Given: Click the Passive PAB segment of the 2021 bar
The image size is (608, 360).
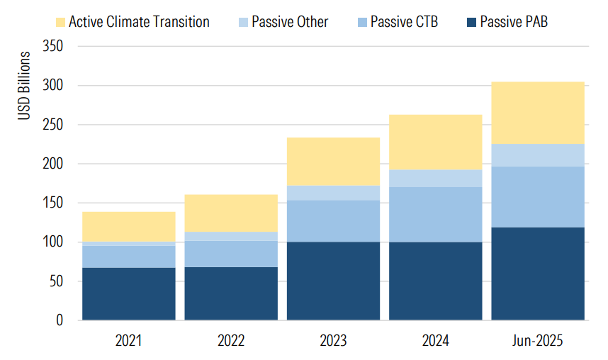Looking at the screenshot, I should point(129,293).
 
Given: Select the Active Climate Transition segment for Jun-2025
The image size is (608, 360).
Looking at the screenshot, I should point(537,113).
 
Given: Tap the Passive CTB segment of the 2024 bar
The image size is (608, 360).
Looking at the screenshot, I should point(435,215).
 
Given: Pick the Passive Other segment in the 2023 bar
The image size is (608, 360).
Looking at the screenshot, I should point(333,193).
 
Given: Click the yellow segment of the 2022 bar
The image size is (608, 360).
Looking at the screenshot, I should point(231,213).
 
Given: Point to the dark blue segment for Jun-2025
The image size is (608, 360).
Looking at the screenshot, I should point(537,274).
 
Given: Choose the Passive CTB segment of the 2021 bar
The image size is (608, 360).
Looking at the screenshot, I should point(129,257).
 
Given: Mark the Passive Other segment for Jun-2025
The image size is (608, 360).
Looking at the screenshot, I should point(537,154).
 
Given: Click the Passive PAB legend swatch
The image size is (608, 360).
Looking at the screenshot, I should point(470,22).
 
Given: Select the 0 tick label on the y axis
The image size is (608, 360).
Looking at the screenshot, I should point(60,320).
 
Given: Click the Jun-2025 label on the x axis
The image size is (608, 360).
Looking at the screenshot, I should point(537,342).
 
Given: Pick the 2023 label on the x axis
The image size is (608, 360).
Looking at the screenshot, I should point(333,342).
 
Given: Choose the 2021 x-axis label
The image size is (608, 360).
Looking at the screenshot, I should point(129,342).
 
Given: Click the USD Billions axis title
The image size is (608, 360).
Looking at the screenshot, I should point(25,85).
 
